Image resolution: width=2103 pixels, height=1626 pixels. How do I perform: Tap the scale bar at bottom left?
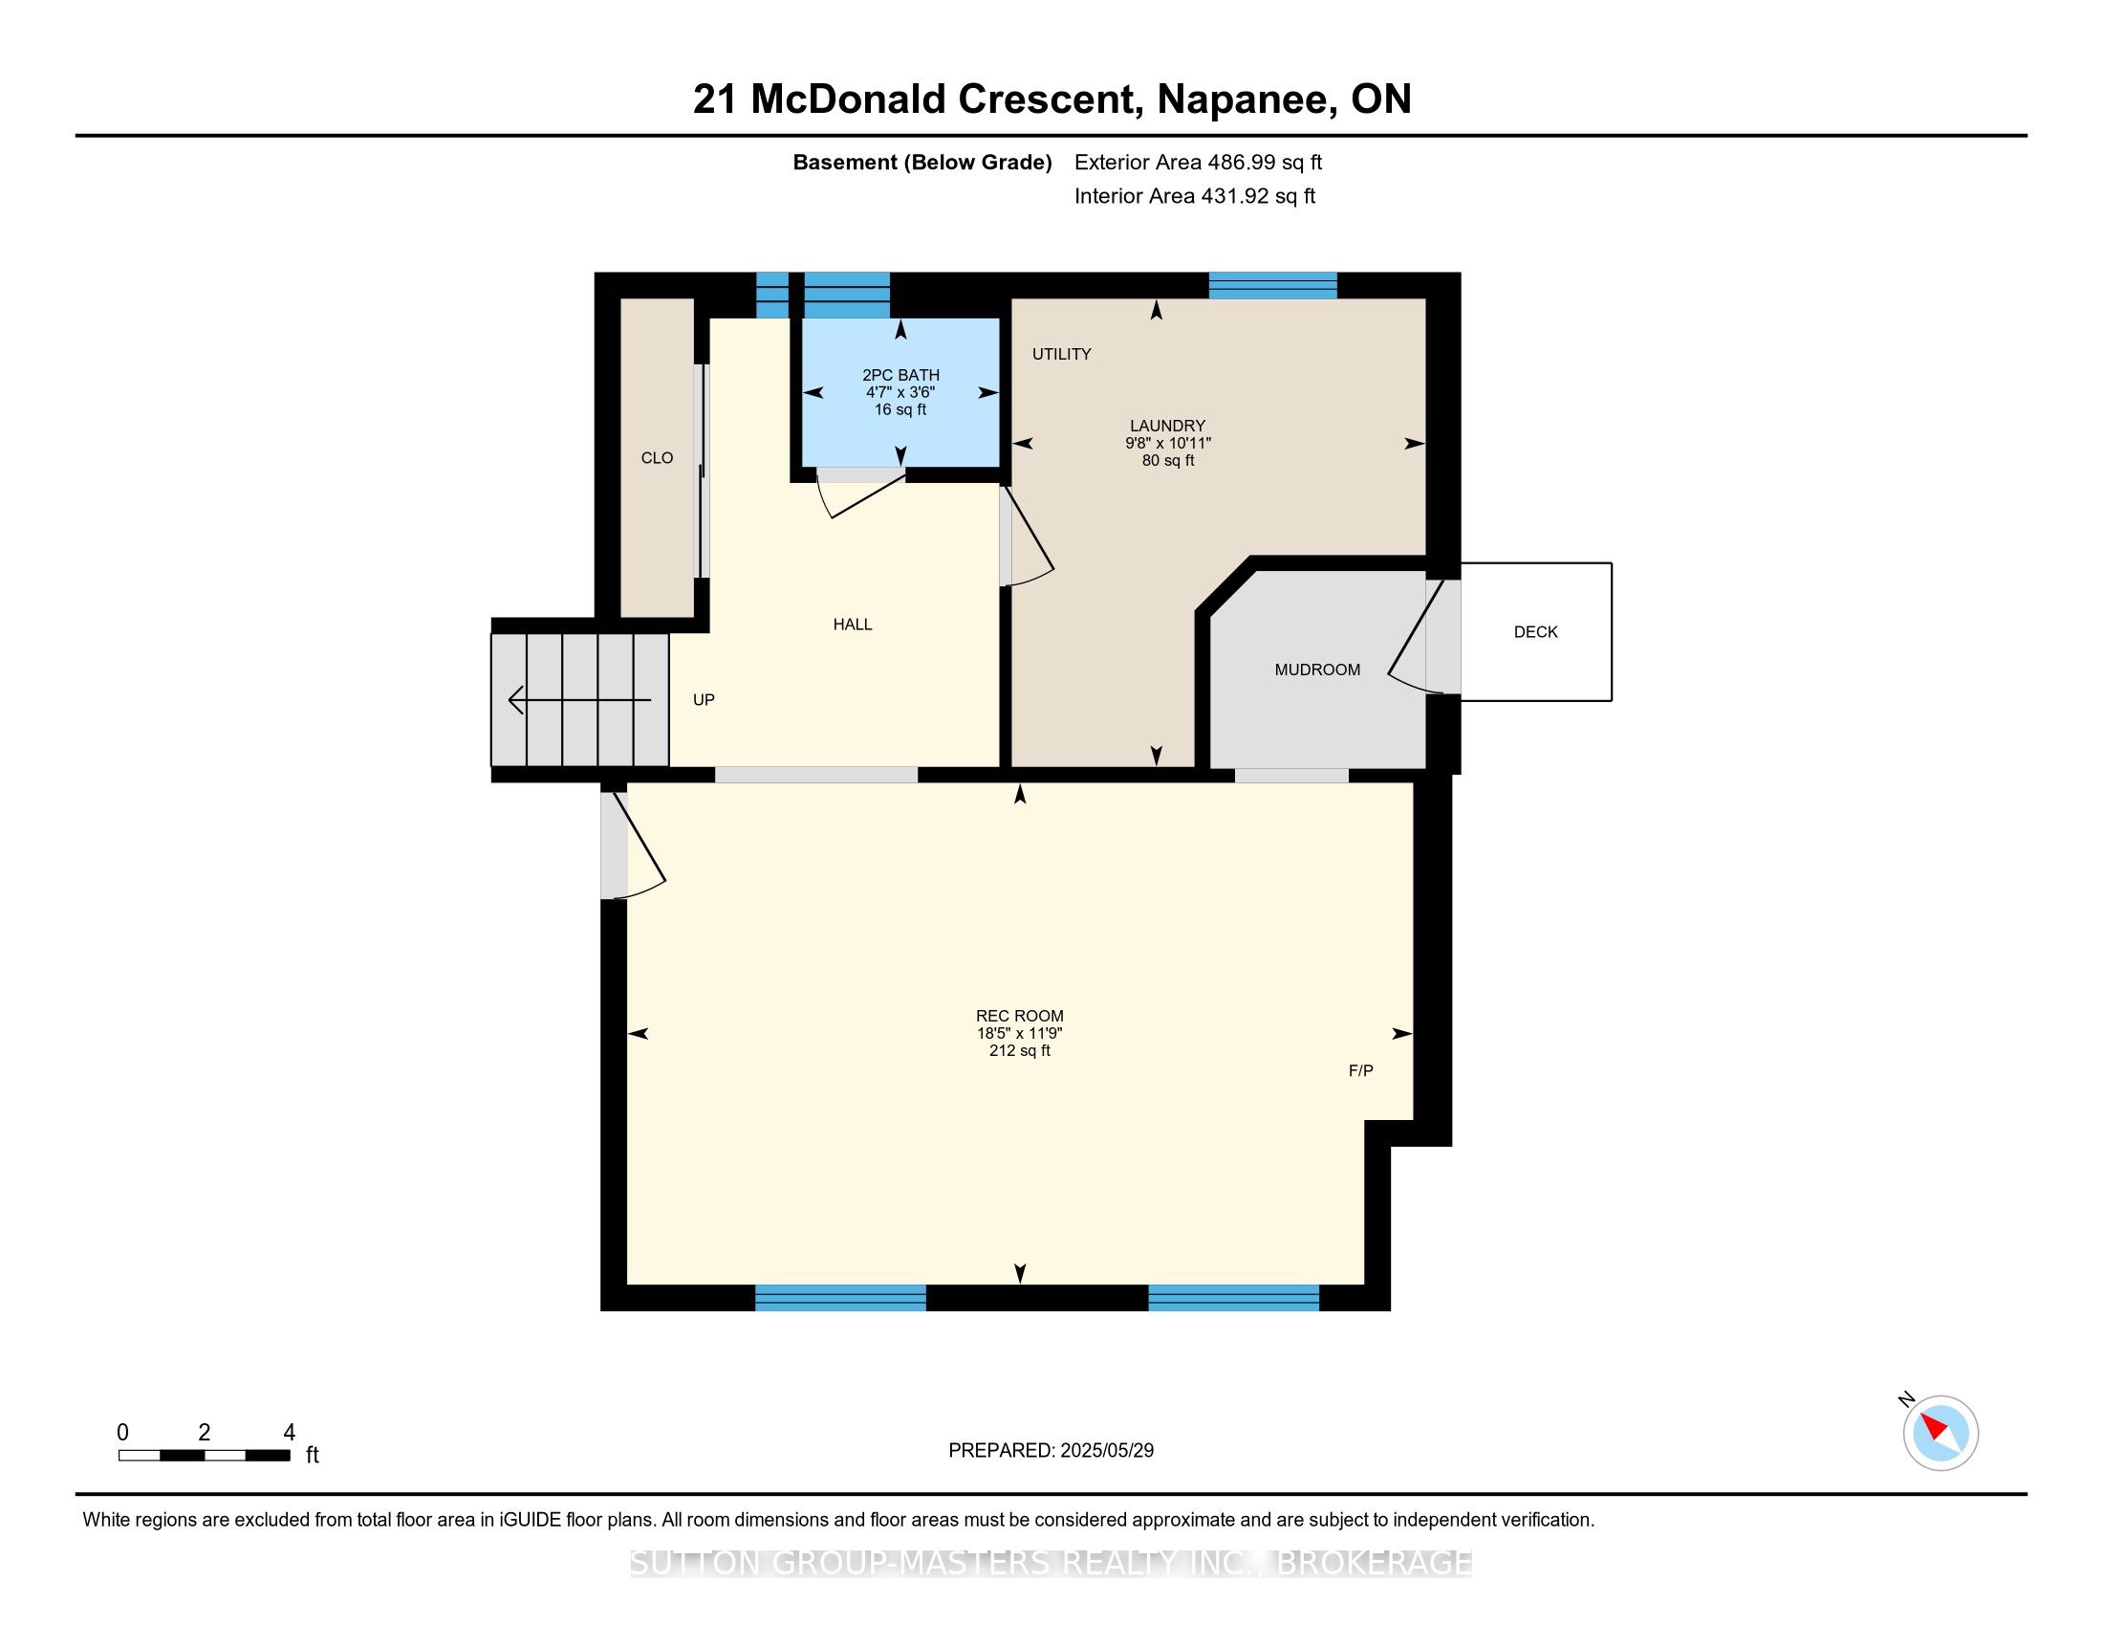205,1456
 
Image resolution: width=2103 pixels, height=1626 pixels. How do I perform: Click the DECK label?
1535,632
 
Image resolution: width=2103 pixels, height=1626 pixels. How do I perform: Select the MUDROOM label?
1317,670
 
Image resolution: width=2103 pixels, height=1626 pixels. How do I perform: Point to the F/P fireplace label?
1360,1070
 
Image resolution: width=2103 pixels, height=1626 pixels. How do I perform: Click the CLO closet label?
657,457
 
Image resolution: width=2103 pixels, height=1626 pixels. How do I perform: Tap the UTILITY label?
1061,354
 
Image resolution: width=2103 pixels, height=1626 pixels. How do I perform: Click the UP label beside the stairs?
704,699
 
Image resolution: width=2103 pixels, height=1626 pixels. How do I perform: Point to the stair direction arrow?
579,699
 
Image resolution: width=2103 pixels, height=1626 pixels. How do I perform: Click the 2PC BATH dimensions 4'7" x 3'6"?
900,392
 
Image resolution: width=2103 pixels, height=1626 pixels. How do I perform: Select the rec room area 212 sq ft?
1020,1050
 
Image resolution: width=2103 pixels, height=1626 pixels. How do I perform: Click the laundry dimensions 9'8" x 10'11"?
1168,443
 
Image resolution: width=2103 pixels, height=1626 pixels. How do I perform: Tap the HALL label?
852,625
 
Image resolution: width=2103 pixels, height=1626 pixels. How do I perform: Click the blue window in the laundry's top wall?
1273,285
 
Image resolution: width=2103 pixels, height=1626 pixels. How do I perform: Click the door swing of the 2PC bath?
860,493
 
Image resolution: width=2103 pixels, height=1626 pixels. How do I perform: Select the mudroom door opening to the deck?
1424,636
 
